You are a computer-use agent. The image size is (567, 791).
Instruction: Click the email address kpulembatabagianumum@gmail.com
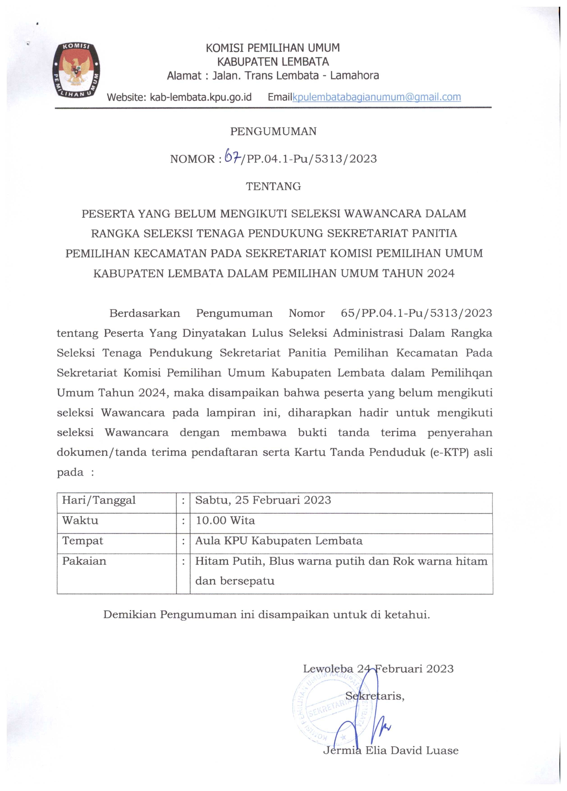click(377, 97)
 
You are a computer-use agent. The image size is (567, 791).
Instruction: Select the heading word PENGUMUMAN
click(273, 131)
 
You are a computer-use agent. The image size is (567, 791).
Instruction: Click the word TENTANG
click(273, 187)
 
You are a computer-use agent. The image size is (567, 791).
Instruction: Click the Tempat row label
click(83, 541)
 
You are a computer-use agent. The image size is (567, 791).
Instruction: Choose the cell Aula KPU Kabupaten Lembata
click(279, 541)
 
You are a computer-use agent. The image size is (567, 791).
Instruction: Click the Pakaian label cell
click(84, 561)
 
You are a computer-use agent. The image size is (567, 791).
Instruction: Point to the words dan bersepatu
click(235, 581)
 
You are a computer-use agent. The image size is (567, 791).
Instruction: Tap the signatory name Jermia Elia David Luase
click(391, 750)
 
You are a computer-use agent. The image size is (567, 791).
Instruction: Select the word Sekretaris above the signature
click(375, 696)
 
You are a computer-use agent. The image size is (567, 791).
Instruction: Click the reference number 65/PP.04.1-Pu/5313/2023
click(416, 313)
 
